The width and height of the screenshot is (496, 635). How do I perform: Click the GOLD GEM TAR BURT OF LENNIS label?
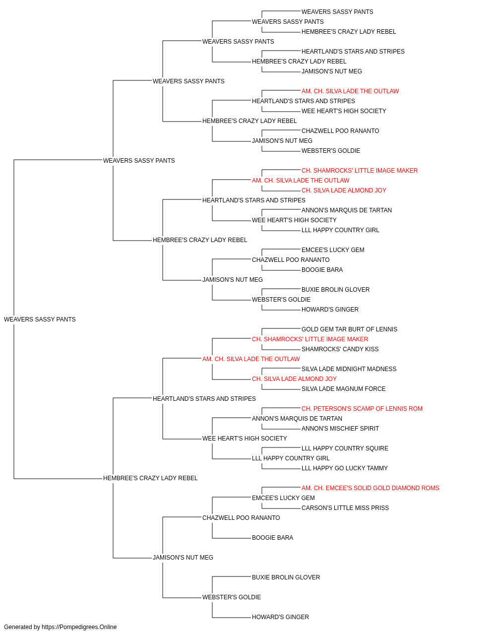349,329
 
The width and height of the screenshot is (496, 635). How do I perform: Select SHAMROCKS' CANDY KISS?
340,349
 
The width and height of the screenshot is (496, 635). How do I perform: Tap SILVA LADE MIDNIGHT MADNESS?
349,369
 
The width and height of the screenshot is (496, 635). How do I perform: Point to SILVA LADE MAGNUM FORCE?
343,389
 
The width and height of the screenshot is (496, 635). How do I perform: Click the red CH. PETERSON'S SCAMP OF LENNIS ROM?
362,409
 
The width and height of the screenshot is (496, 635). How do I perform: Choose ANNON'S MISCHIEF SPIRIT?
340,429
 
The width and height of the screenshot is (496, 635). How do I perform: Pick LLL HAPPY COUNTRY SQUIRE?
345,448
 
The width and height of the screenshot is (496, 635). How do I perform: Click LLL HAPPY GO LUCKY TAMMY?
344,468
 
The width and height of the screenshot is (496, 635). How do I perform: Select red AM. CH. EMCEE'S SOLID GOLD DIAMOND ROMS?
370,488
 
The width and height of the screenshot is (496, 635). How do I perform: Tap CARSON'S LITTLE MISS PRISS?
345,508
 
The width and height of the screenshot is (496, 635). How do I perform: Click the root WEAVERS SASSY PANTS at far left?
40,319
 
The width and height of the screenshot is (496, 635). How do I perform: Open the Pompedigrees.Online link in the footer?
79,627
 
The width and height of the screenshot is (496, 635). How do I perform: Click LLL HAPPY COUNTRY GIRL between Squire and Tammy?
291,458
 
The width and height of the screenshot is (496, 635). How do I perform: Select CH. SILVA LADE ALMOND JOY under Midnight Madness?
294,379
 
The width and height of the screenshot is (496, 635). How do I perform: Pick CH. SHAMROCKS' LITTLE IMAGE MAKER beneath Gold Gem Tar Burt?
310,339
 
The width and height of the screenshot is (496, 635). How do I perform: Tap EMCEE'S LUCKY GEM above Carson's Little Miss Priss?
283,498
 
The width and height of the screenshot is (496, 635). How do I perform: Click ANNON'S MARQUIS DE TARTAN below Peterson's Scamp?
297,419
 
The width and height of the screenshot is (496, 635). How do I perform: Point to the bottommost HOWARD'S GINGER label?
280,617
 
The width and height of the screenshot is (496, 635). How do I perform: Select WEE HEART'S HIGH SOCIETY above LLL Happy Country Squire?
245,439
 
